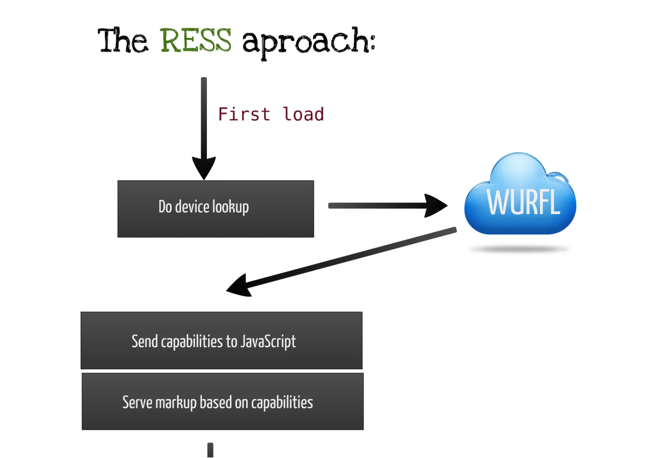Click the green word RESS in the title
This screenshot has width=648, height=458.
[x=196, y=40]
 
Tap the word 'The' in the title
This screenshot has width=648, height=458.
[x=122, y=41]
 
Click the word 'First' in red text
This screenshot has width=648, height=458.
[x=244, y=114]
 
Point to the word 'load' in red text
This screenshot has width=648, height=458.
[x=303, y=114]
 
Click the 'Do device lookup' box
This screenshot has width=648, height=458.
[x=215, y=209]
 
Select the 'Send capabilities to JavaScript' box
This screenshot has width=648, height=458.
[x=221, y=340]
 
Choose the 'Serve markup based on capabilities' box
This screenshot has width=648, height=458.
[x=222, y=401]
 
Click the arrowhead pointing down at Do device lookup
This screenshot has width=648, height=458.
[x=204, y=167]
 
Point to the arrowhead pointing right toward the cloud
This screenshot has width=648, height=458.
[x=435, y=206]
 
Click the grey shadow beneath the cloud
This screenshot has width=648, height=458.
[x=520, y=250]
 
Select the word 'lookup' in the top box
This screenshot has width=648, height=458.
[x=230, y=207]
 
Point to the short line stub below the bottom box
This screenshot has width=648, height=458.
[x=210, y=450]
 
